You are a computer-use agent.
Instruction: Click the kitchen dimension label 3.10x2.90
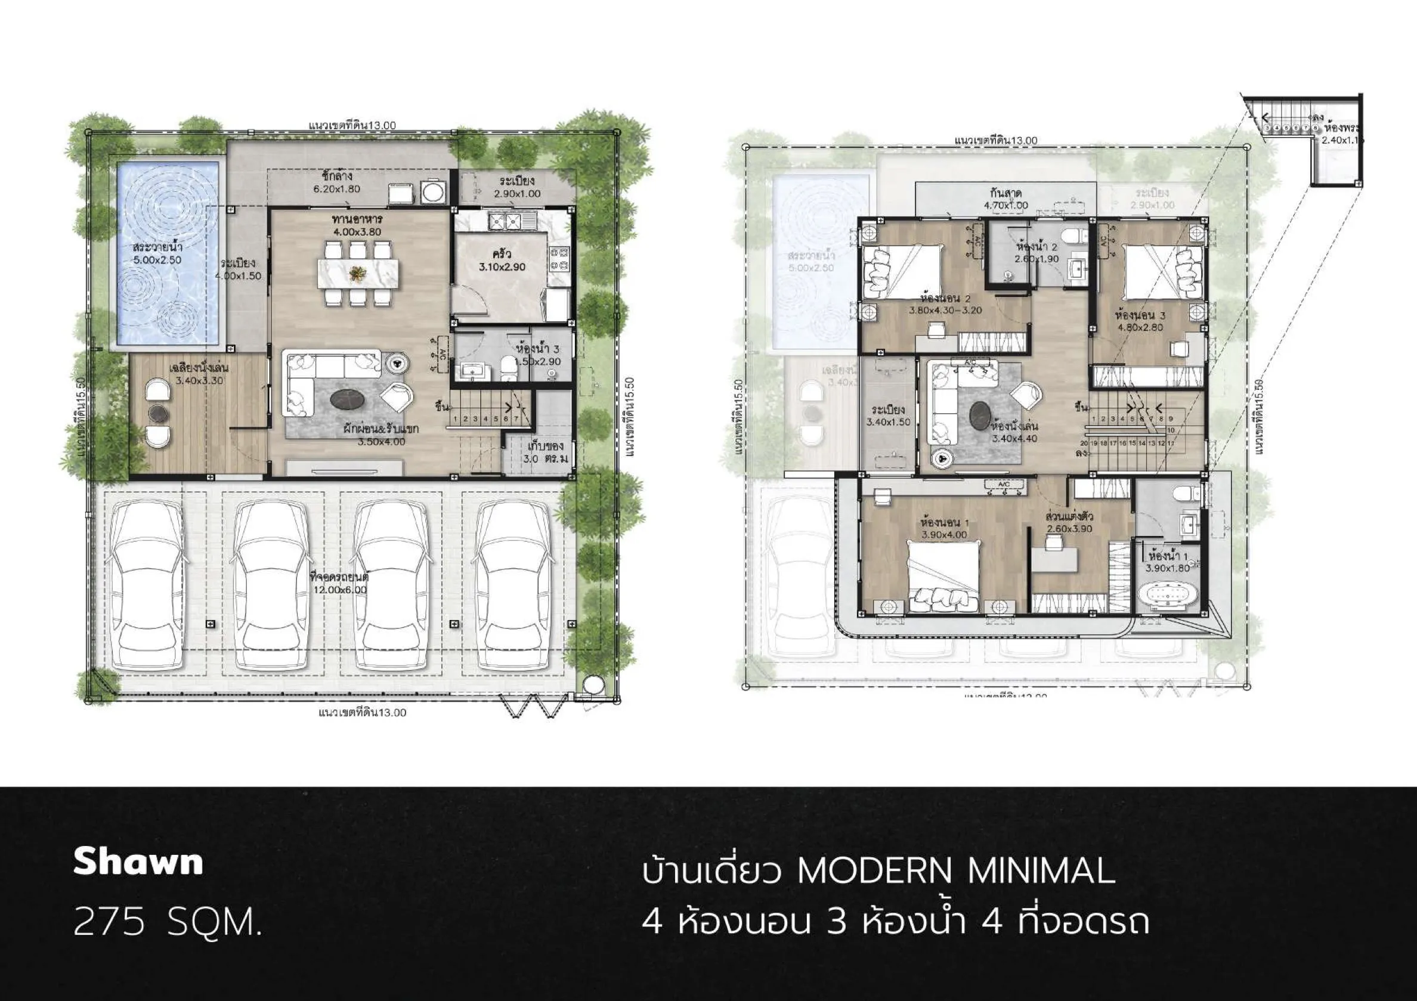[x=502, y=267]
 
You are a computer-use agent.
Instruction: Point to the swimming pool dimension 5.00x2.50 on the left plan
[x=157, y=260]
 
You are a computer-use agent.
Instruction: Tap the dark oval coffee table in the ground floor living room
[x=349, y=400]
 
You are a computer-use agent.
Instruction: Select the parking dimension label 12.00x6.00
[x=339, y=590]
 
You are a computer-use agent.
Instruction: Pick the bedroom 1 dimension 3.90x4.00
[x=943, y=534]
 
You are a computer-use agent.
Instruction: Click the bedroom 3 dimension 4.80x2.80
[x=1140, y=327]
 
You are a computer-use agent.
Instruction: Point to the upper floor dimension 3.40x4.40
[x=1014, y=439]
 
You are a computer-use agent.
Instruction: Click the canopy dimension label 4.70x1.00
[x=1005, y=206]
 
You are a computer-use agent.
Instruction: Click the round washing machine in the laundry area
[x=430, y=193]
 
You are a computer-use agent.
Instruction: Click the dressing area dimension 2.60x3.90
[x=1069, y=529]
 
